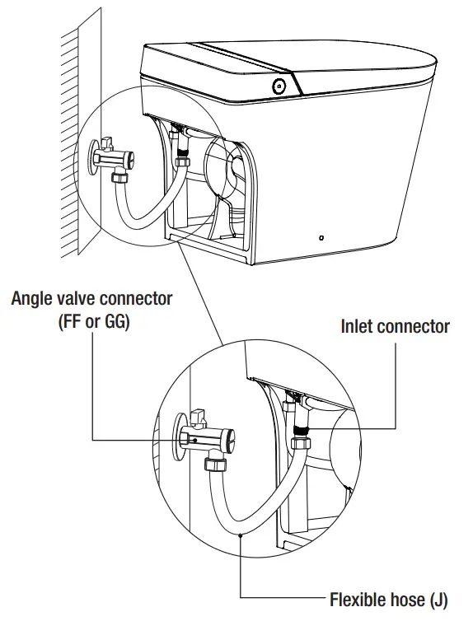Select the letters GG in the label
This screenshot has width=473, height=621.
[113, 322]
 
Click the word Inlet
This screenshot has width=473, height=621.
[358, 326]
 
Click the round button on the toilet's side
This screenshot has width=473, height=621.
[279, 85]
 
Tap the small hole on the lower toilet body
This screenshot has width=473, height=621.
[321, 238]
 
